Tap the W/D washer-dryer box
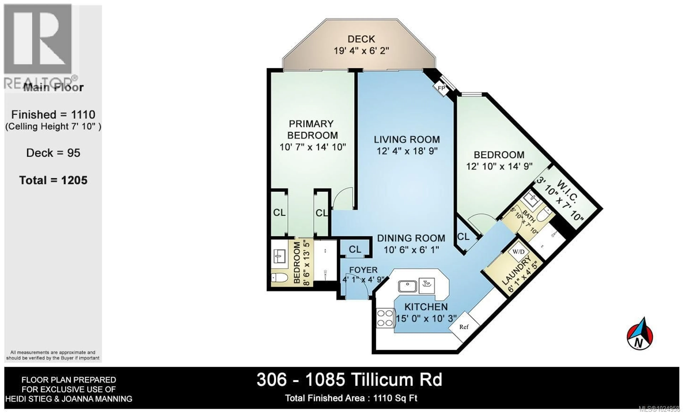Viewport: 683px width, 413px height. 518,252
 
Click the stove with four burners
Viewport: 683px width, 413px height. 385,318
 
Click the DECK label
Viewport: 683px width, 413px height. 361,39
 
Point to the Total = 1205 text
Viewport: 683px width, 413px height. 53,181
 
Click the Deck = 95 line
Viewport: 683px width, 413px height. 53,153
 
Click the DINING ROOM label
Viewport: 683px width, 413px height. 411,238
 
